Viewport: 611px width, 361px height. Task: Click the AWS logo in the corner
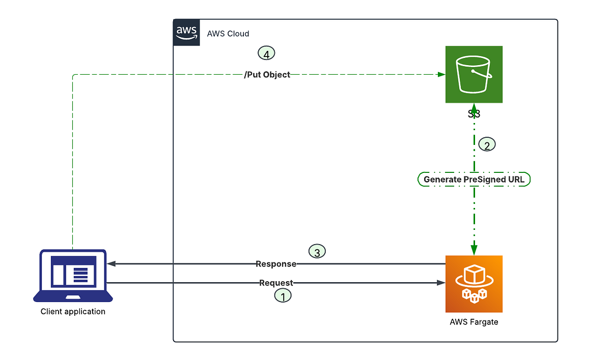tap(186, 33)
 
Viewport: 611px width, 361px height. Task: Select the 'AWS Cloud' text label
tap(228, 34)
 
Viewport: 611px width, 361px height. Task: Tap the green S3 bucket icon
tap(474, 74)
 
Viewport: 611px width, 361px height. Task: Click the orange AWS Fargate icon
tap(474, 284)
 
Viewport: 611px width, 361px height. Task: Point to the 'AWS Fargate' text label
tap(474, 322)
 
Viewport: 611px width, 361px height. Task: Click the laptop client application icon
tap(73, 275)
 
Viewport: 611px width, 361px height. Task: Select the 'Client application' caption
tap(73, 311)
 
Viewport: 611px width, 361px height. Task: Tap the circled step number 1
tap(283, 295)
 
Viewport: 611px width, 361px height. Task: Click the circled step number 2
tap(487, 145)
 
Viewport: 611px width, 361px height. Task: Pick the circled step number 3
tap(317, 251)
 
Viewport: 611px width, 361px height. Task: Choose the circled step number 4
tap(266, 53)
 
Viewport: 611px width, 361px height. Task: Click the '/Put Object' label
tap(267, 75)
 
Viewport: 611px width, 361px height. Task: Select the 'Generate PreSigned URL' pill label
tap(474, 179)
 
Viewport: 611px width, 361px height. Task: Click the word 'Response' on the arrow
tap(275, 264)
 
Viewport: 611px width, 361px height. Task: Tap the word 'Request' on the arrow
tap(276, 283)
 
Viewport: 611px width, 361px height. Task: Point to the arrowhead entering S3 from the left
tap(441, 75)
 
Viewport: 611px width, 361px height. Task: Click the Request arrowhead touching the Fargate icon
tap(441, 283)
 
